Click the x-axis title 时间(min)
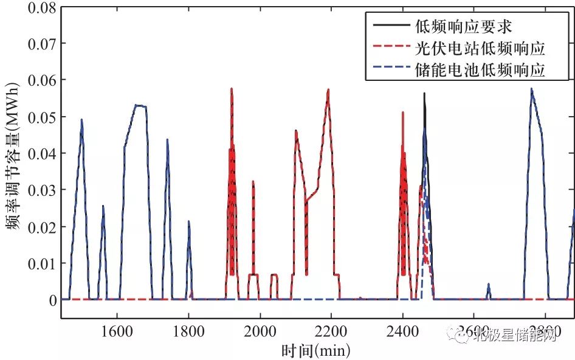click(x=316, y=350)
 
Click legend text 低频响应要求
click(x=447, y=27)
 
